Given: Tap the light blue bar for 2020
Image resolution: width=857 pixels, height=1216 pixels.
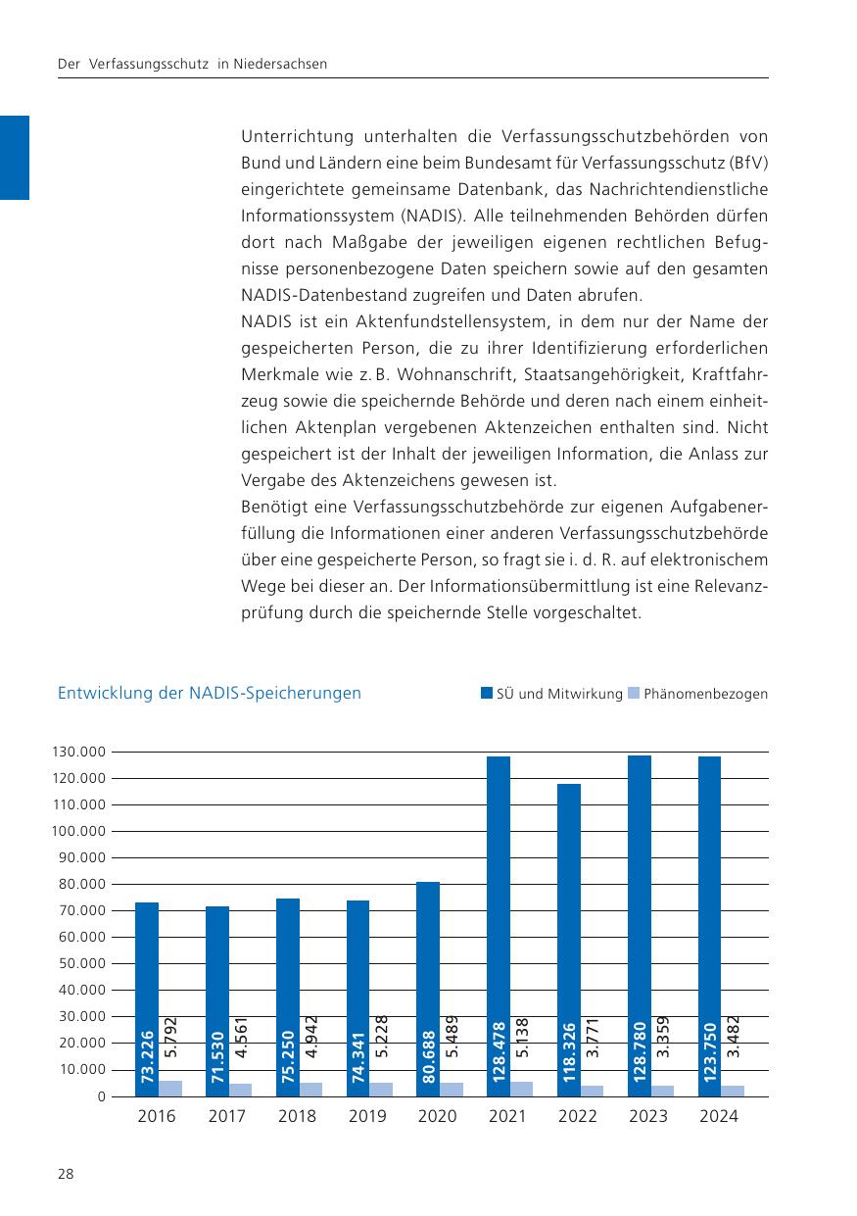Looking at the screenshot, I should [452, 1090].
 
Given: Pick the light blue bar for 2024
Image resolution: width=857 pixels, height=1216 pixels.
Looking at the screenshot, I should [733, 1091].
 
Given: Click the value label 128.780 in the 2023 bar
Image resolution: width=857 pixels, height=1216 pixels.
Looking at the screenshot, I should [640, 1051].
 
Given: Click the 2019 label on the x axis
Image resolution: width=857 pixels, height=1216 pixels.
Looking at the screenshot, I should [367, 1116].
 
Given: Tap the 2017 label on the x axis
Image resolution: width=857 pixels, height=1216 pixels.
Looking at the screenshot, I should [226, 1116].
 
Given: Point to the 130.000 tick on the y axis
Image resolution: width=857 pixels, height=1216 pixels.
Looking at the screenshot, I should [77, 753].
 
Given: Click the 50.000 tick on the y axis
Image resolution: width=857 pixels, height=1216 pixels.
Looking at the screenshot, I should [81, 964].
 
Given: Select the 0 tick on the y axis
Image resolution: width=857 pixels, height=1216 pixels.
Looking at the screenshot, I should [101, 1096].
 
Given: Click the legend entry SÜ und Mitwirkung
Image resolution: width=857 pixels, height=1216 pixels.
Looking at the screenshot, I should [551, 694].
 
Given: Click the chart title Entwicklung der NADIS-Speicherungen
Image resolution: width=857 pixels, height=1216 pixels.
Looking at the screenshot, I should [210, 694].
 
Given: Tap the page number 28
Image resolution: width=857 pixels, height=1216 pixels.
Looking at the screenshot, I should [66, 1175].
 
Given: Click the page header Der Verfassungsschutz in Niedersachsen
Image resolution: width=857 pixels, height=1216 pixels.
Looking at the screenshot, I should [192, 65].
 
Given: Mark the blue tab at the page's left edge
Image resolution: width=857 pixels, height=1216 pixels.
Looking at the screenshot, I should [15, 157].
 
